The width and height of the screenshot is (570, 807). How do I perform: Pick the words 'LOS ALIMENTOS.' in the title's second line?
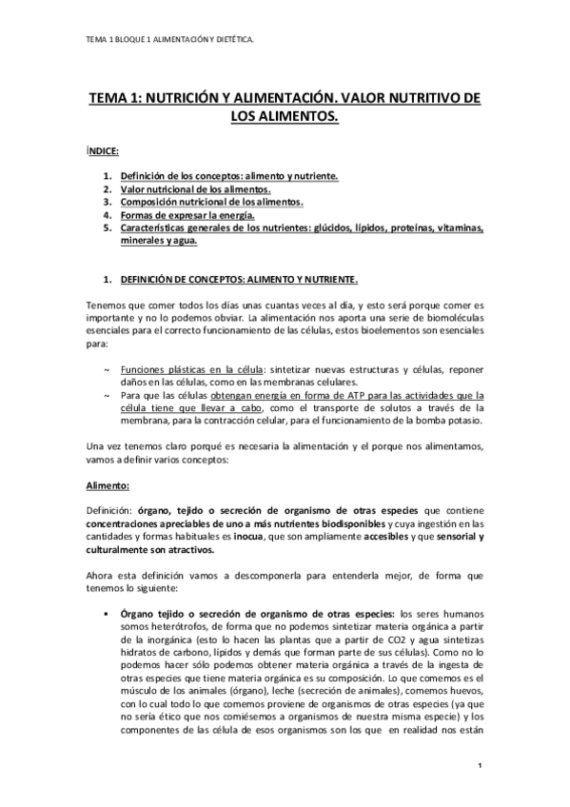(285, 117)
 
